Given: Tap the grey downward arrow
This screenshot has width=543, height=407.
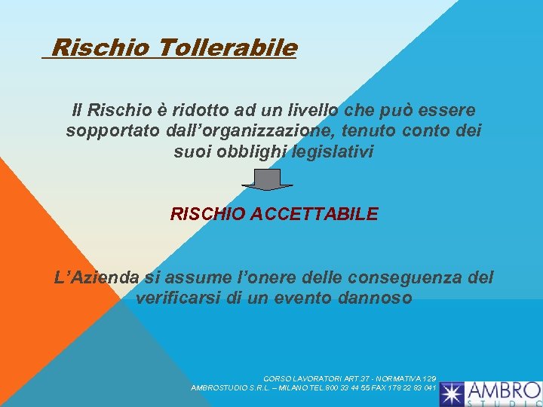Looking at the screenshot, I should coord(268,179).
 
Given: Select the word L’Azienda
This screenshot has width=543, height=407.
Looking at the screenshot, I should coord(97,277).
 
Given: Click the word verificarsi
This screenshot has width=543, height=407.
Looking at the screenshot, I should coord(179,298).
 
